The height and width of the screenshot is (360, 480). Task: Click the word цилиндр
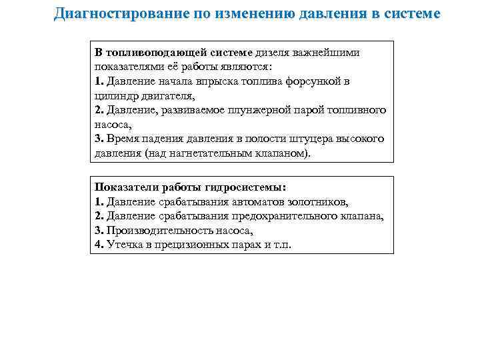click(115, 95)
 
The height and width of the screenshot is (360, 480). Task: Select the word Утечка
click(125, 245)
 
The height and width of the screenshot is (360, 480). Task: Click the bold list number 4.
click(98, 245)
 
